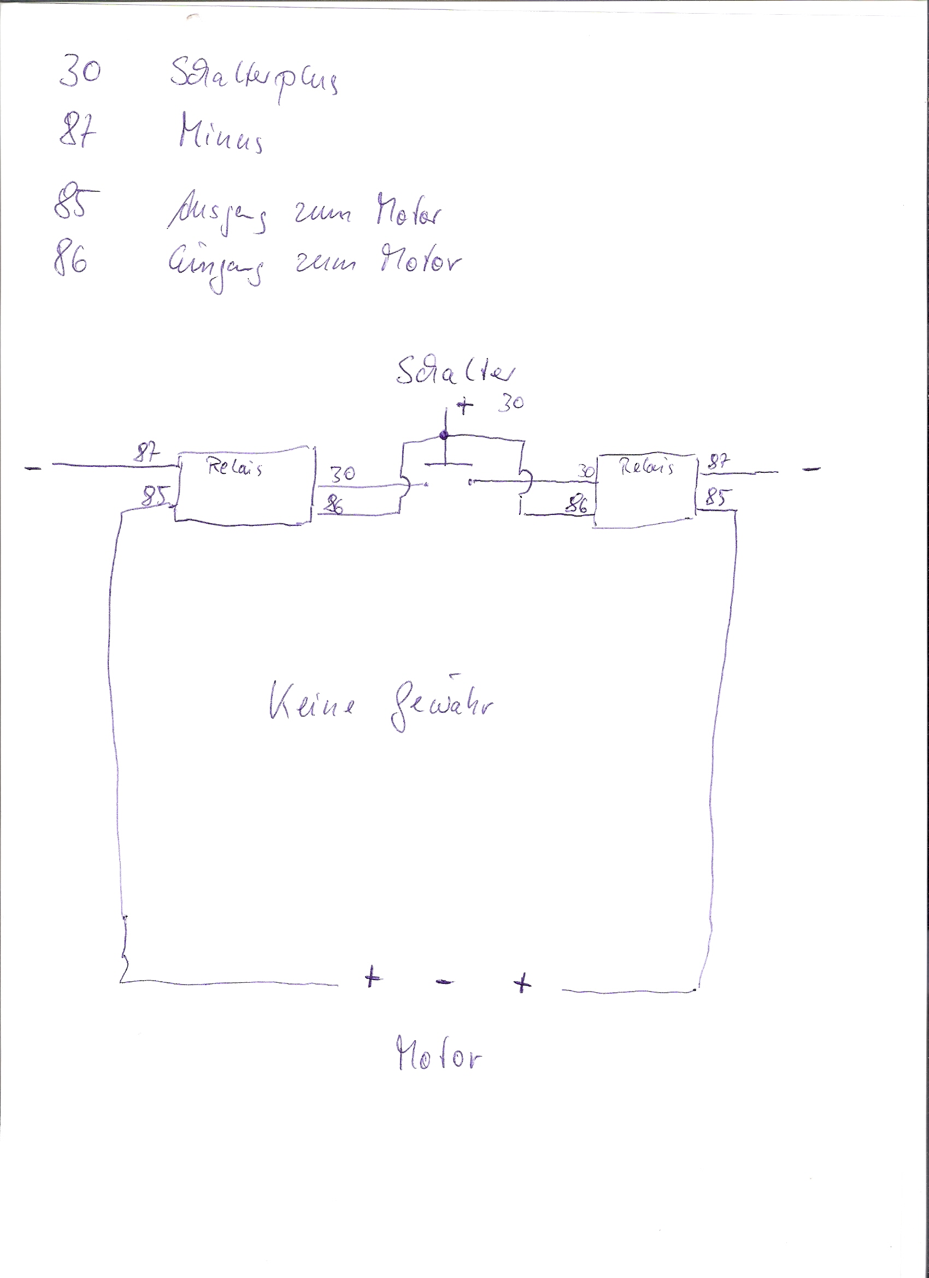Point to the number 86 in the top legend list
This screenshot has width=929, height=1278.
pyautogui.click(x=71, y=261)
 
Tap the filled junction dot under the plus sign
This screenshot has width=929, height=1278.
pyautogui.click(x=444, y=435)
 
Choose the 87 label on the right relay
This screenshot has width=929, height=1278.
pyautogui.click(x=718, y=463)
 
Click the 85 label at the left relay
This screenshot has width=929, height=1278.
pyautogui.click(x=156, y=496)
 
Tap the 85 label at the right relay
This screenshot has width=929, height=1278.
pyautogui.click(x=715, y=497)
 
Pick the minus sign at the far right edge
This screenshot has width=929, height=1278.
pyautogui.click(x=812, y=468)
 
